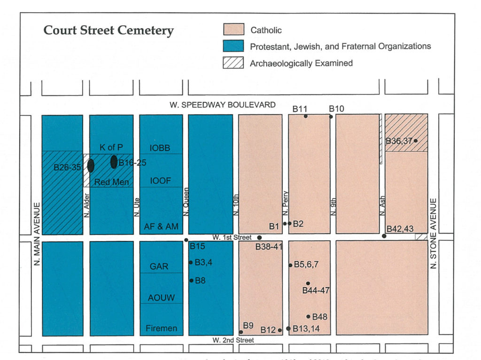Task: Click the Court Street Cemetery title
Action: click(109, 31)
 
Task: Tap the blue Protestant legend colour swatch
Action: click(233, 46)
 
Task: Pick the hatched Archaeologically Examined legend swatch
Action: click(233, 63)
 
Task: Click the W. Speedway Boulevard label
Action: click(223, 104)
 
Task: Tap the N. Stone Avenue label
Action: click(434, 233)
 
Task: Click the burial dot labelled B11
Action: click(306, 116)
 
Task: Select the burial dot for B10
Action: click(331, 117)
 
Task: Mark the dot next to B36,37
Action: click(416, 141)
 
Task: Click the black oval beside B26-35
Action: click(91, 165)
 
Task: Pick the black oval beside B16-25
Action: click(114, 162)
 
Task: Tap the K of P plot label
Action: click(111, 147)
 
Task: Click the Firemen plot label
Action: click(161, 328)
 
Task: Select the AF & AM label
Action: click(161, 227)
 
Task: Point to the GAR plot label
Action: click(159, 266)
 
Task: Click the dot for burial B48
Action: click(309, 316)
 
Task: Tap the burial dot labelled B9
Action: click(241, 332)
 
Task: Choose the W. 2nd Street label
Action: click(233, 340)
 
